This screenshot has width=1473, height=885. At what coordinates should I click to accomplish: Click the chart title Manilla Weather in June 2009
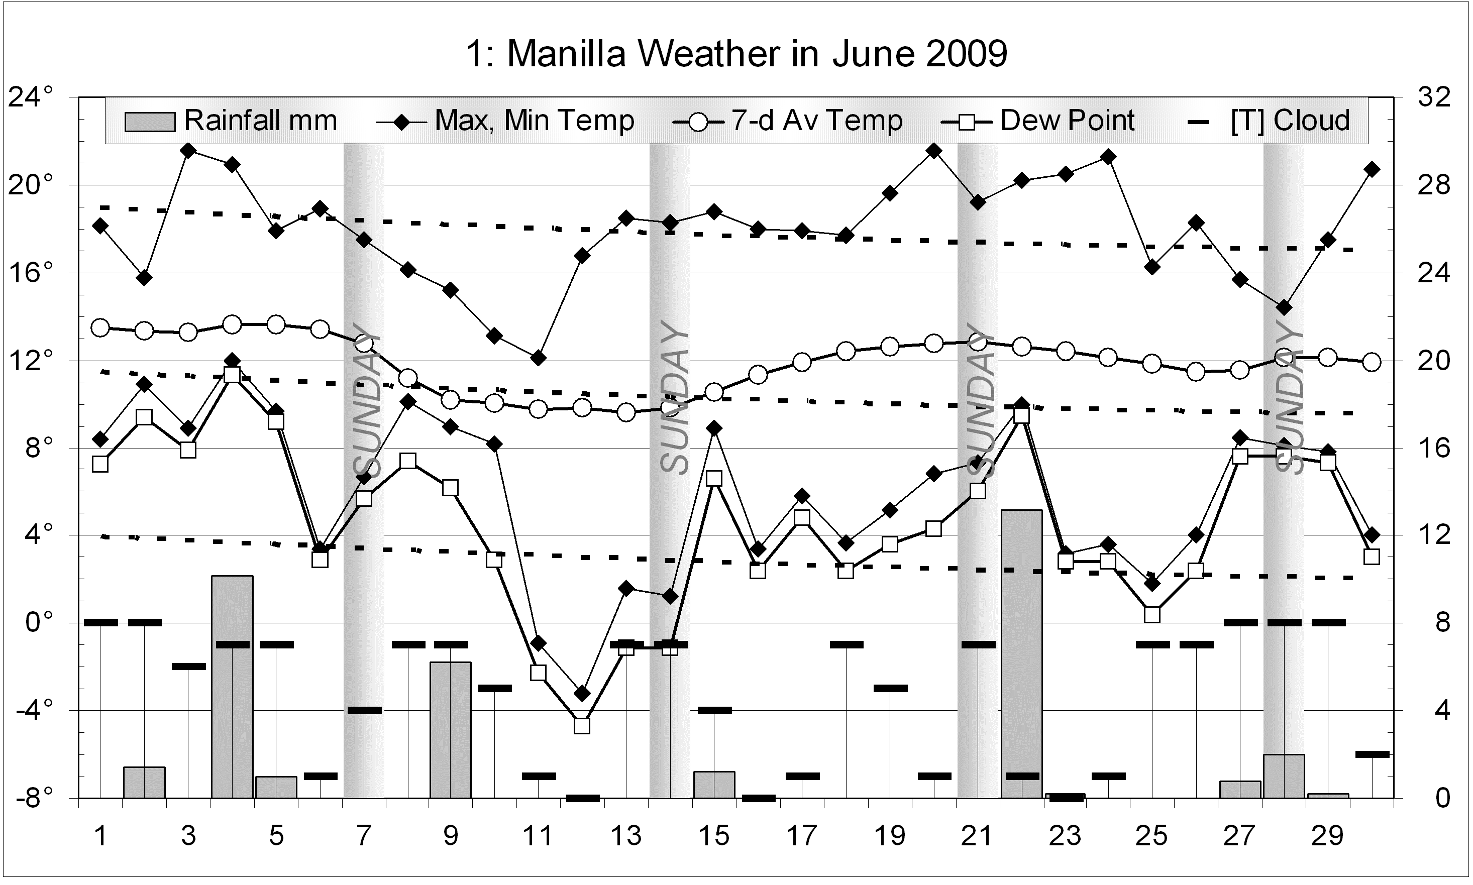coord(736,54)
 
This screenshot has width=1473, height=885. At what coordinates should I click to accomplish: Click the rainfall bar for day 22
coord(1021,653)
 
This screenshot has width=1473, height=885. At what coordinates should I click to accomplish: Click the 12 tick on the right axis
coord(1434,535)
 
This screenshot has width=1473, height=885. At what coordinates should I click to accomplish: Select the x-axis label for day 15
coord(714,836)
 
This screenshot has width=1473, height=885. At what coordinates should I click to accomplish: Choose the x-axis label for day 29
coord(1327,836)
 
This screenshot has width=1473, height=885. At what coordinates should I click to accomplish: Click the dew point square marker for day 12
coord(582,726)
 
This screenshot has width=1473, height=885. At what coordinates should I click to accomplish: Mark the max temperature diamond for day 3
coord(188,150)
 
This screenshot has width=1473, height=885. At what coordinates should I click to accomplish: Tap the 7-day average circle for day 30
coord(1372,362)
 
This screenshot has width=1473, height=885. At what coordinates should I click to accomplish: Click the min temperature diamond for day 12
coord(582,694)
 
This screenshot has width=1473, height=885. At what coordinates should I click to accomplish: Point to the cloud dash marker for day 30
coord(1372,754)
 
